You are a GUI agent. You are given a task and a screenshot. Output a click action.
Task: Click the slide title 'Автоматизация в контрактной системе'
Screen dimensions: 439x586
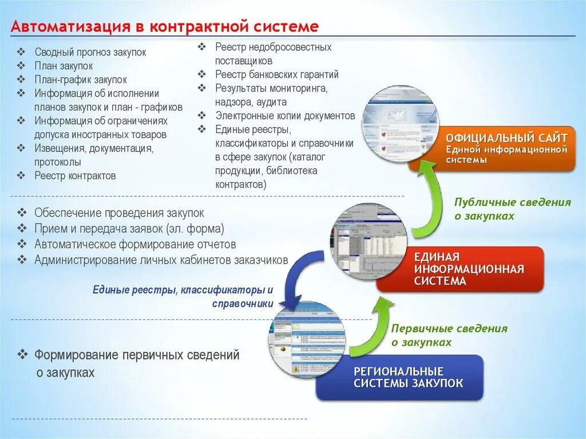(165, 26)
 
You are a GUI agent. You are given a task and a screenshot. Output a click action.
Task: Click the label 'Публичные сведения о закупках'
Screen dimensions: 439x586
(512, 209)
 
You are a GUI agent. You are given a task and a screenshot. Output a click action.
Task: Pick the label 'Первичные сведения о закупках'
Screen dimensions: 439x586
(449, 335)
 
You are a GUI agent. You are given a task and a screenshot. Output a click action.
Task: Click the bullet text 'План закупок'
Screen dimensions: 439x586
(64, 66)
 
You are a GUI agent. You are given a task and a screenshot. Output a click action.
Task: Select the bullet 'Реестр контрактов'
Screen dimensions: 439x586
(75, 176)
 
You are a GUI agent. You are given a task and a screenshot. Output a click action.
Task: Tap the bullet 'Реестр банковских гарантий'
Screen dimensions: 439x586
(277, 74)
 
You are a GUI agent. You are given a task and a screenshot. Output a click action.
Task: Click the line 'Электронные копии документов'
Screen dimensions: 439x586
(285, 116)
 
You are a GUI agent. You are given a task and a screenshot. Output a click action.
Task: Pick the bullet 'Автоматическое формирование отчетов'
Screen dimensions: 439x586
(135, 244)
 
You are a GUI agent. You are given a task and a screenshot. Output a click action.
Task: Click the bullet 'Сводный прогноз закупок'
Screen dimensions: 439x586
(90, 52)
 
